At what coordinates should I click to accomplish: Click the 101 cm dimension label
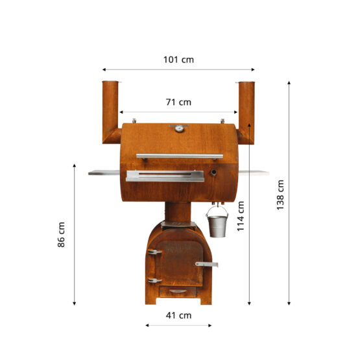click(178, 60)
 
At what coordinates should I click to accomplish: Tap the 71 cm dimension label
click(178, 102)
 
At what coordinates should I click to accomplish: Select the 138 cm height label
click(280, 195)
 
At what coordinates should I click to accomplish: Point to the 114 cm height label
click(241, 216)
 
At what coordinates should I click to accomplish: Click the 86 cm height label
click(62, 235)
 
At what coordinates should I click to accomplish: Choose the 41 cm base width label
click(178, 315)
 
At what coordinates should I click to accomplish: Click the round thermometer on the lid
click(179, 128)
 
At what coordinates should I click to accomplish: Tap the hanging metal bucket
click(217, 222)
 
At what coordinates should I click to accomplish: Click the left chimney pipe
click(111, 112)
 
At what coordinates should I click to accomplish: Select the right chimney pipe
click(246, 113)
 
